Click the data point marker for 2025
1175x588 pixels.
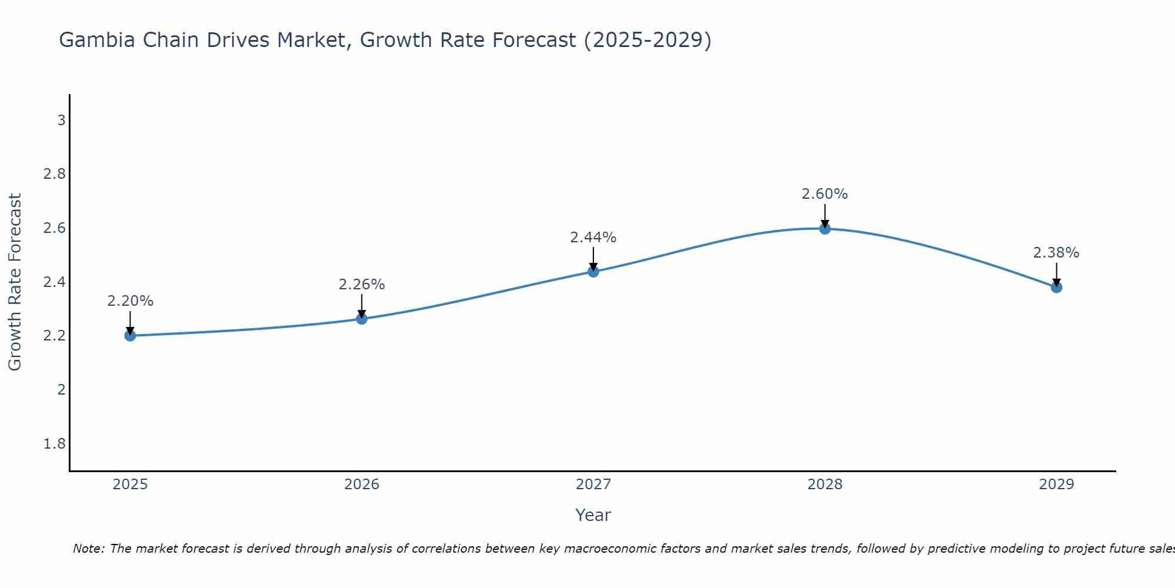130,336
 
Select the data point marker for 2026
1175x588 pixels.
362,319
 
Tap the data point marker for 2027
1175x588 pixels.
593,271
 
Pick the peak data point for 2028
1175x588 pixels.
825,228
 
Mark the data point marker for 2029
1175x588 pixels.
1056,287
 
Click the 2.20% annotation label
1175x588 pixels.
130,301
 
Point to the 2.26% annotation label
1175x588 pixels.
362,285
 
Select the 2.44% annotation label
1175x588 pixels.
593,238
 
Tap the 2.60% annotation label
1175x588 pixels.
825,194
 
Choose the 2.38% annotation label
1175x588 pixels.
1056,253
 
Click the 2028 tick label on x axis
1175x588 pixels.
825,485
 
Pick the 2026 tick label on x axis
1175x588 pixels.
362,485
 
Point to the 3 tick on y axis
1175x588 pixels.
61,121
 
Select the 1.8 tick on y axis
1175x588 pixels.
55,443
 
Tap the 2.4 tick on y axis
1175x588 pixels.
55,282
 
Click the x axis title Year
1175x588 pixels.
593,515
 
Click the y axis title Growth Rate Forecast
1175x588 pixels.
15,282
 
